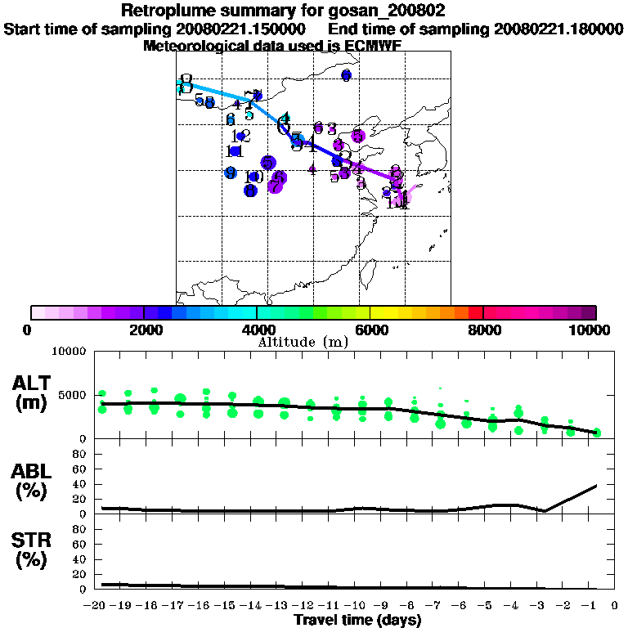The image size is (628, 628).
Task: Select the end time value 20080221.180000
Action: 558,29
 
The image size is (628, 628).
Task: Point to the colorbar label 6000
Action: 370,330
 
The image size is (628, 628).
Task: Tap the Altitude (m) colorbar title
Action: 303,342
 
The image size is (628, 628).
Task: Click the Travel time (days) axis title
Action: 357,621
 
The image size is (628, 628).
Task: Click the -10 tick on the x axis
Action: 357,605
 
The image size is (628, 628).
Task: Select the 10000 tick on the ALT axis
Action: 69,352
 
